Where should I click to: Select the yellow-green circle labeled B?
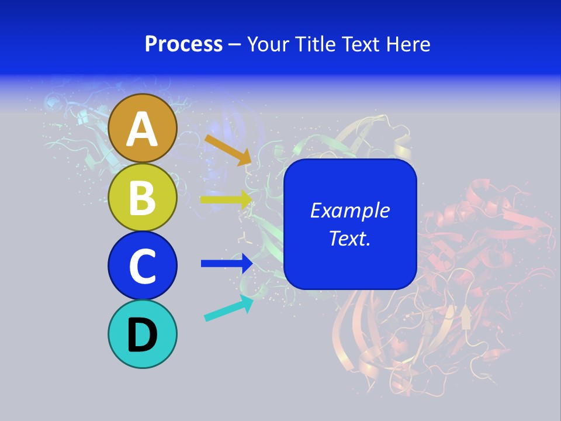pos(143,197)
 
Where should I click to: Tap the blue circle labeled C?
pos(143,265)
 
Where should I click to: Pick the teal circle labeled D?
pos(143,334)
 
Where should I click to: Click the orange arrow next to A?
pos(228,149)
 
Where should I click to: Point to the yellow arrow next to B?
pos(226,199)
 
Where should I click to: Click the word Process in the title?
pos(183,44)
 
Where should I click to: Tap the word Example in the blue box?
pos(349,210)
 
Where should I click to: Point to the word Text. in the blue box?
pos(349,238)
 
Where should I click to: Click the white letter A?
pos(143,129)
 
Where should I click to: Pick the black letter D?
pos(143,334)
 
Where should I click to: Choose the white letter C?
pos(143,266)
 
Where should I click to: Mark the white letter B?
pos(143,198)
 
